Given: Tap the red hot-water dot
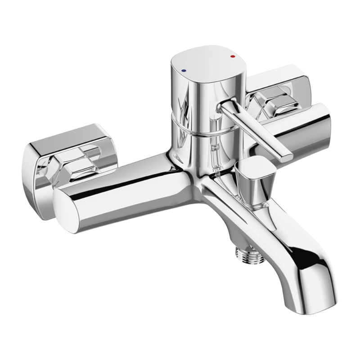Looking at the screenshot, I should click(x=232, y=57).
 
